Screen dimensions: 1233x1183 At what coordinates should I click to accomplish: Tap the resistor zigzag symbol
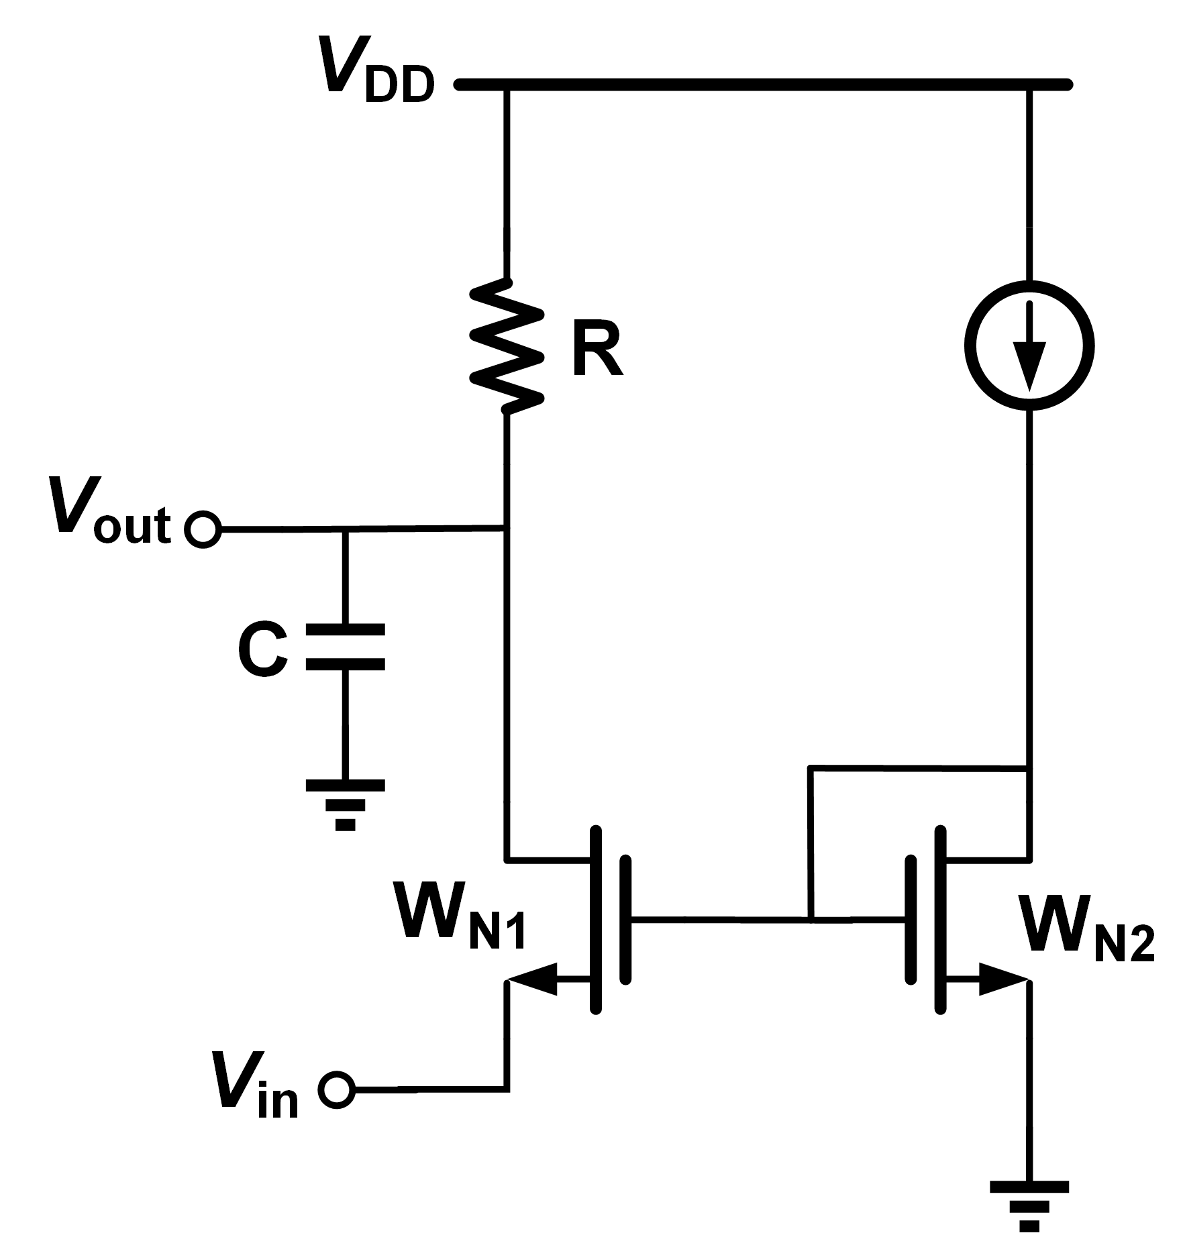pos(507,345)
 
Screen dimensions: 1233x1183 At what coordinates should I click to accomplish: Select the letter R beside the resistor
pos(597,352)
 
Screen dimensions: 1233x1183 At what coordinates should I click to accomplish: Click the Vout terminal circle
pos(203,530)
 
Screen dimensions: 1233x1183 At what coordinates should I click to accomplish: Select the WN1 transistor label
pos(460,919)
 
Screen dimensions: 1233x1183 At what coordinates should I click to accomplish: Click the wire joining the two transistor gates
pos(718,919)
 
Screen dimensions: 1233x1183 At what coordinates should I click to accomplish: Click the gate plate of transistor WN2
pos(911,919)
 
